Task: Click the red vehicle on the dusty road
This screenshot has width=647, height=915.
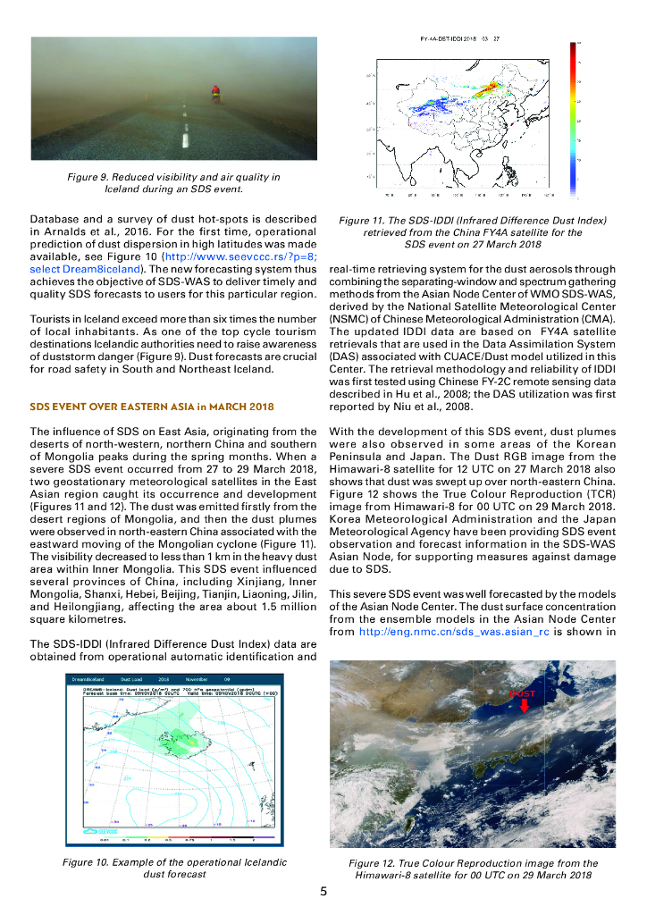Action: pyautogui.click(x=214, y=91)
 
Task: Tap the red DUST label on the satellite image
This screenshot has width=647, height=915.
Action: pyautogui.click(x=523, y=693)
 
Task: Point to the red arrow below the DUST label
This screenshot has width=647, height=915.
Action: pyautogui.click(x=524, y=706)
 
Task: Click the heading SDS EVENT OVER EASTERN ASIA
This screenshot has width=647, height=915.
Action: pyautogui.click(x=152, y=407)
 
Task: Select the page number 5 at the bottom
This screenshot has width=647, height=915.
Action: pyautogui.click(x=323, y=891)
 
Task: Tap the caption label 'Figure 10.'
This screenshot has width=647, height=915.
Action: pyautogui.click(x=88, y=862)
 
